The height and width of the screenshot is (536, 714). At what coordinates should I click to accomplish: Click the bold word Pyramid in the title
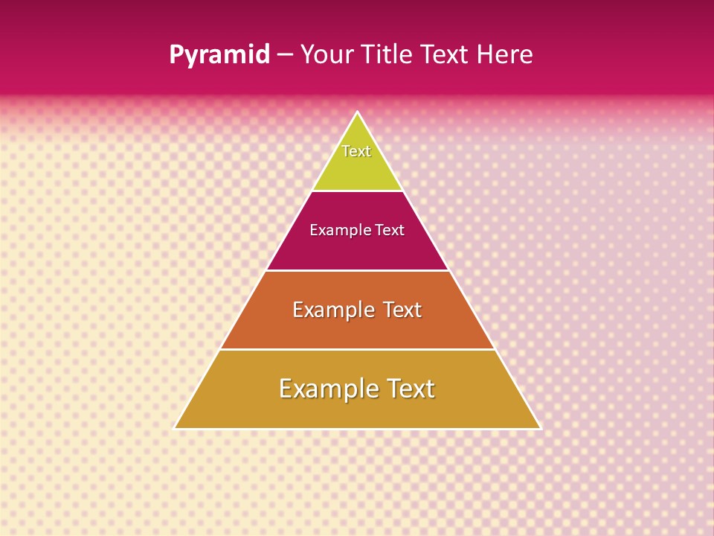(x=219, y=55)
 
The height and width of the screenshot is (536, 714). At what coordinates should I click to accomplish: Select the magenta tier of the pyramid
(x=357, y=249)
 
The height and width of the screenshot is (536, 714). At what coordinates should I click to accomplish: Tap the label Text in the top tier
(x=356, y=151)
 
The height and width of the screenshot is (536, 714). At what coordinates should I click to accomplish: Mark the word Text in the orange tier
(x=402, y=310)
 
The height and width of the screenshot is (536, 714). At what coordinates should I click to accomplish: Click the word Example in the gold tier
(x=328, y=389)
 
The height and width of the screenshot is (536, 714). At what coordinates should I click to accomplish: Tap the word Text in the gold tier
(x=410, y=389)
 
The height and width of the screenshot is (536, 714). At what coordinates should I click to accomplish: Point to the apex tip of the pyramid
(x=358, y=113)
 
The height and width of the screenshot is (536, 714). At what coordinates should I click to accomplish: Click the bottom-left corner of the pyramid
(x=176, y=427)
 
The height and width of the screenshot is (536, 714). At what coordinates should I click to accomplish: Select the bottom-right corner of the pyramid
(x=539, y=427)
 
